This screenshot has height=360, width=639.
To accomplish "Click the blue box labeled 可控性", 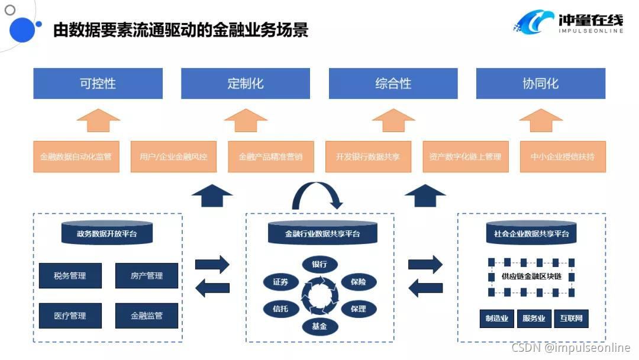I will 98,83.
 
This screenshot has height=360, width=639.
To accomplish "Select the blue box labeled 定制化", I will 246,83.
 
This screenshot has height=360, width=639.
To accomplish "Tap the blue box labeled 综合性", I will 393,83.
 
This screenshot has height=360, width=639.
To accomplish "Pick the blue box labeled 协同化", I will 541,83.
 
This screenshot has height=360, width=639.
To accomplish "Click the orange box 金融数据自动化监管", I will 76,157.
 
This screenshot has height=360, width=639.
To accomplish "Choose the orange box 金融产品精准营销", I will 270,157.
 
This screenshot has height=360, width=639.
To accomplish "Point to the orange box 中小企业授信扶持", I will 563,157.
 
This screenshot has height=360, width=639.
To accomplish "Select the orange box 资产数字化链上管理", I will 465,157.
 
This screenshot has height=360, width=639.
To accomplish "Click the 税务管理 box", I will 70,276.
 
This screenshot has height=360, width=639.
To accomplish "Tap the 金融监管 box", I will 146,316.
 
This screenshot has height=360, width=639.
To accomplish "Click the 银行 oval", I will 319,264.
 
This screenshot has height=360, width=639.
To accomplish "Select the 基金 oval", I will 319,326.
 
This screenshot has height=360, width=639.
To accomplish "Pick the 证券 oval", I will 281,282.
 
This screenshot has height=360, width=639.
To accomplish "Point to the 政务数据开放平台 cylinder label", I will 107,234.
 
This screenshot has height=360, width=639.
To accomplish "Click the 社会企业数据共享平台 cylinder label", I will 531,234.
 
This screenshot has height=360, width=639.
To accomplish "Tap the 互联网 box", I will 571,319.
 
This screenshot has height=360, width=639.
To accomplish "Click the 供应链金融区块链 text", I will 531,277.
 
